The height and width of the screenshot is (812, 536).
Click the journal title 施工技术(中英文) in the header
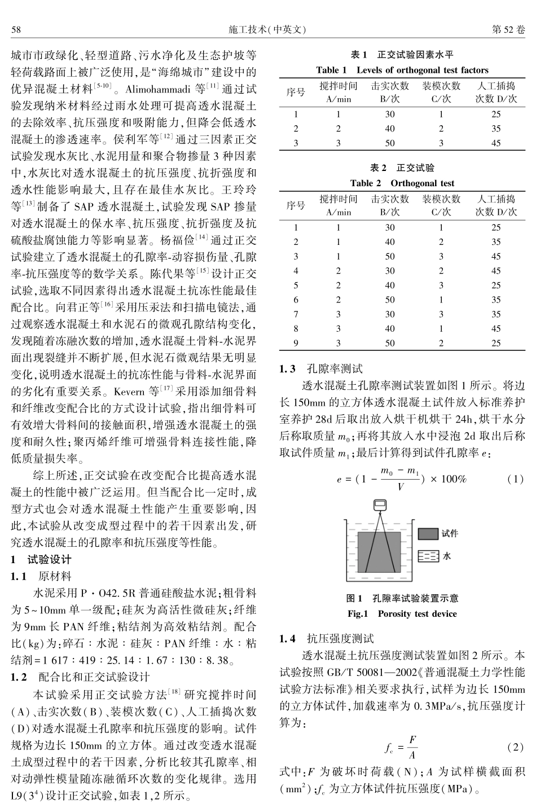pos(267,29)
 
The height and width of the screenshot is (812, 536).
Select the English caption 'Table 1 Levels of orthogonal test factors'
pos(402,70)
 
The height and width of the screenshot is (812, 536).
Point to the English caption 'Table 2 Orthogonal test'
pos(402,183)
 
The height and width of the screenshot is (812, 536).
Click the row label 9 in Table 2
pos(296,343)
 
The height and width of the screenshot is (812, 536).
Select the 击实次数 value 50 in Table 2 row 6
pos(389,300)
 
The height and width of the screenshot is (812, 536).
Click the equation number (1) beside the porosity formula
pos(515,479)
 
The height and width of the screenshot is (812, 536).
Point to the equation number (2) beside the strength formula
pos(515,747)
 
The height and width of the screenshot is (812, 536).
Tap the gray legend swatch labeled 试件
pos(428,533)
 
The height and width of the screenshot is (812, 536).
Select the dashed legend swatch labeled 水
pos(428,556)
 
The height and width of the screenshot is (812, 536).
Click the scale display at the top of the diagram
pos(380,503)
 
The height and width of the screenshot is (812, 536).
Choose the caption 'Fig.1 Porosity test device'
pos(402,613)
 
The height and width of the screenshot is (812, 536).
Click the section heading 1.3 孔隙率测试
pos(322,369)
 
